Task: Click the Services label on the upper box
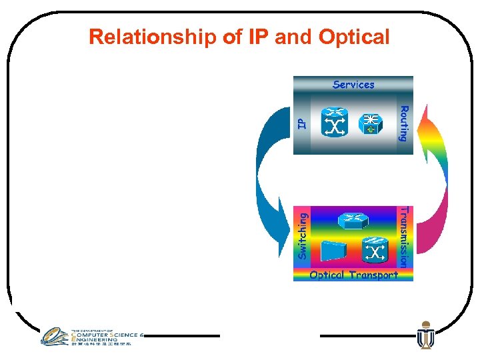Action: coord(353,85)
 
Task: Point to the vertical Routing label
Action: coord(403,123)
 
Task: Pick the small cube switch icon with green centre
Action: coord(371,124)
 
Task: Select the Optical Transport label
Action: coord(353,275)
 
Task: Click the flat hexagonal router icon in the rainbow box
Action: coord(351,221)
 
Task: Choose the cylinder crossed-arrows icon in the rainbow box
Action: coord(374,251)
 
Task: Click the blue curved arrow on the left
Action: coord(270,180)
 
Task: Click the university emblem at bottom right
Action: coord(425,336)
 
